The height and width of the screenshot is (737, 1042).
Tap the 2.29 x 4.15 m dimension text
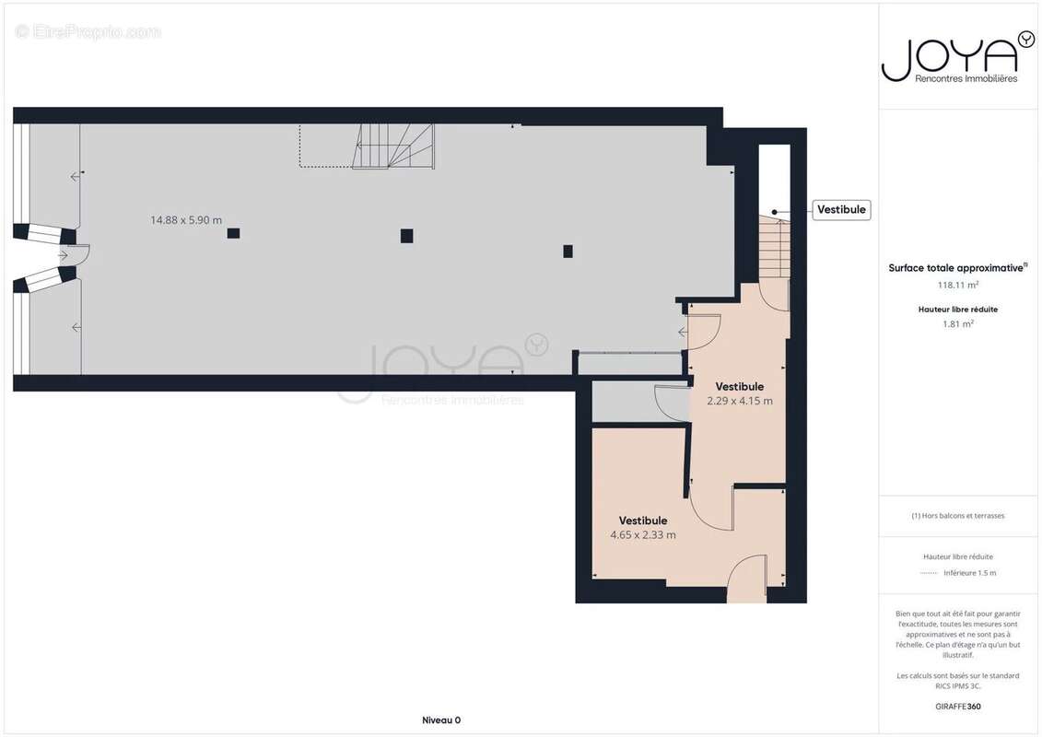(x=739, y=401)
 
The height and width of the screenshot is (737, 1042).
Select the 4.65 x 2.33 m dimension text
(x=642, y=535)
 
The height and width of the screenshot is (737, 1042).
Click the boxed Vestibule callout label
(x=841, y=210)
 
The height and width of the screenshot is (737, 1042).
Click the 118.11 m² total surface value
(x=957, y=285)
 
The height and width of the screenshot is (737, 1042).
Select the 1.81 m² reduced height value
(x=958, y=323)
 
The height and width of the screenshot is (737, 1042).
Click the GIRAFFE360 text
(x=957, y=708)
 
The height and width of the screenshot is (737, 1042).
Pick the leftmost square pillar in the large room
(x=233, y=233)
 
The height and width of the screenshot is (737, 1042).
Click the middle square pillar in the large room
(x=406, y=236)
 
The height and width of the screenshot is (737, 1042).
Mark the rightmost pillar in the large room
(x=568, y=251)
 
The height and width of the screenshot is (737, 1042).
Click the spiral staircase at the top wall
(x=394, y=147)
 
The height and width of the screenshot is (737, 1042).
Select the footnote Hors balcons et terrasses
(x=957, y=516)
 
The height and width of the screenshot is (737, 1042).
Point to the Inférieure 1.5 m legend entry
(x=969, y=573)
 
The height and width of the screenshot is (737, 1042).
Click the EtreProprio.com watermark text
(x=88, y=32)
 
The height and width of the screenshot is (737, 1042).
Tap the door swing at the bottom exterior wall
(x=747, y=580)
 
